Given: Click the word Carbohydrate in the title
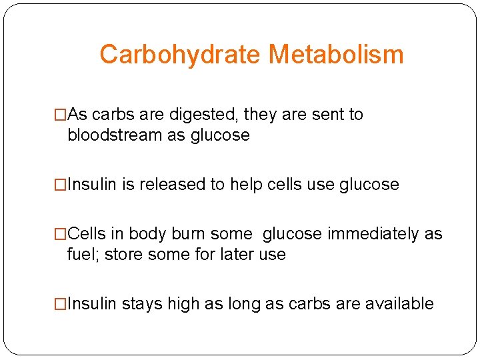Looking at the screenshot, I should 180,55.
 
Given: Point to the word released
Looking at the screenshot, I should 178,185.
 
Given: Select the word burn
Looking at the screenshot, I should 189,234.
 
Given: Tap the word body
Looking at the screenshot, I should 147,234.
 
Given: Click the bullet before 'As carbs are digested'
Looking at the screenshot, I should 61,115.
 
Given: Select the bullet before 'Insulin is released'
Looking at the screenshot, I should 61,185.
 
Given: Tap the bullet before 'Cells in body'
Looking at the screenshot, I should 61,234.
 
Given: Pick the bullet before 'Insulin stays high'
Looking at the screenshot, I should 61,304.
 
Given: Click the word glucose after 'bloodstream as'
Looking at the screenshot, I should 220,135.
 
